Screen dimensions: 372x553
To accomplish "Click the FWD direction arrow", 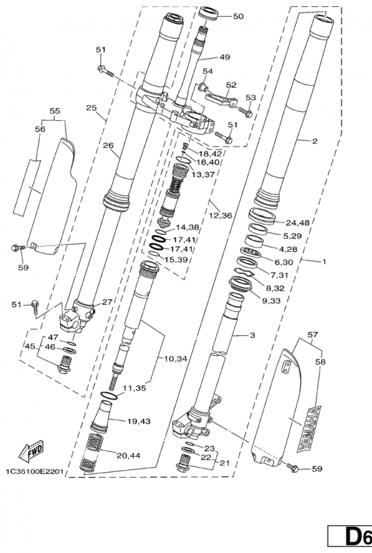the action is point(31,451).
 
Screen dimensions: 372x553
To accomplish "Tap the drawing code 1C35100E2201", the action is point(35,471).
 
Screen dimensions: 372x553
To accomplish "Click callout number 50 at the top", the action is point(239,16).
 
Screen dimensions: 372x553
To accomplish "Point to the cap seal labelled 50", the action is point(209,13).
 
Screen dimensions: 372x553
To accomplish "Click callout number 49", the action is point(225,57).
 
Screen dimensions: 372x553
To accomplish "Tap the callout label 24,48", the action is point(297,223).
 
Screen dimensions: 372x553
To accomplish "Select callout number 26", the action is point(109,145).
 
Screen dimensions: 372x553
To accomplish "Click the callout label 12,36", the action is point(220,215).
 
